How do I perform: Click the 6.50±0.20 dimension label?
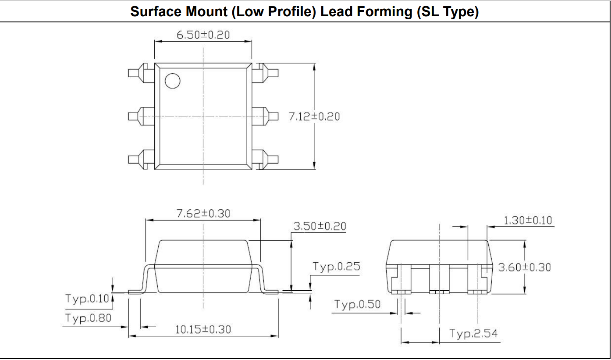(x=203, y=35)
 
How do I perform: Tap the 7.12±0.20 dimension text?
(x=314, y=117)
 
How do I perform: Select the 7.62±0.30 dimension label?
(x=203, y=214)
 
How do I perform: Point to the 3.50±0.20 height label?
(x=320, y=226)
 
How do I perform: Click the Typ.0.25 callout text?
(x=336, y=267)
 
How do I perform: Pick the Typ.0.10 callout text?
(x=87, y=299)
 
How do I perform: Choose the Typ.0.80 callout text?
(x=88, y=318)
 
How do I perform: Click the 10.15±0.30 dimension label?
(x=203, y=329)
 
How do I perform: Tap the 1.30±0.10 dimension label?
(x=528, y=220)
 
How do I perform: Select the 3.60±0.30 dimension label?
(x=525, y=267)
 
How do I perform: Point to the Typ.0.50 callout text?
(x=357, y=304)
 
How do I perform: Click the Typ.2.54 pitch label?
(x=473, y=334)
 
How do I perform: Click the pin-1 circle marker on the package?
(x=173, y=81)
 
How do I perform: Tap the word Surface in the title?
(x=156, y=12)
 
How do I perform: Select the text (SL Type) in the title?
(x=448, y=12)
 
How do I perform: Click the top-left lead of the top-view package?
(x=141, y=73)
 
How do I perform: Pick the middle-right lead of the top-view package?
(x=265, y=116)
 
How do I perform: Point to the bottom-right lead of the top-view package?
(x=265, y=160)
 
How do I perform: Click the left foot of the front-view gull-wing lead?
(x=136, y=292)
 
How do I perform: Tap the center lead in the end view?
(x=439, y=279)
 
